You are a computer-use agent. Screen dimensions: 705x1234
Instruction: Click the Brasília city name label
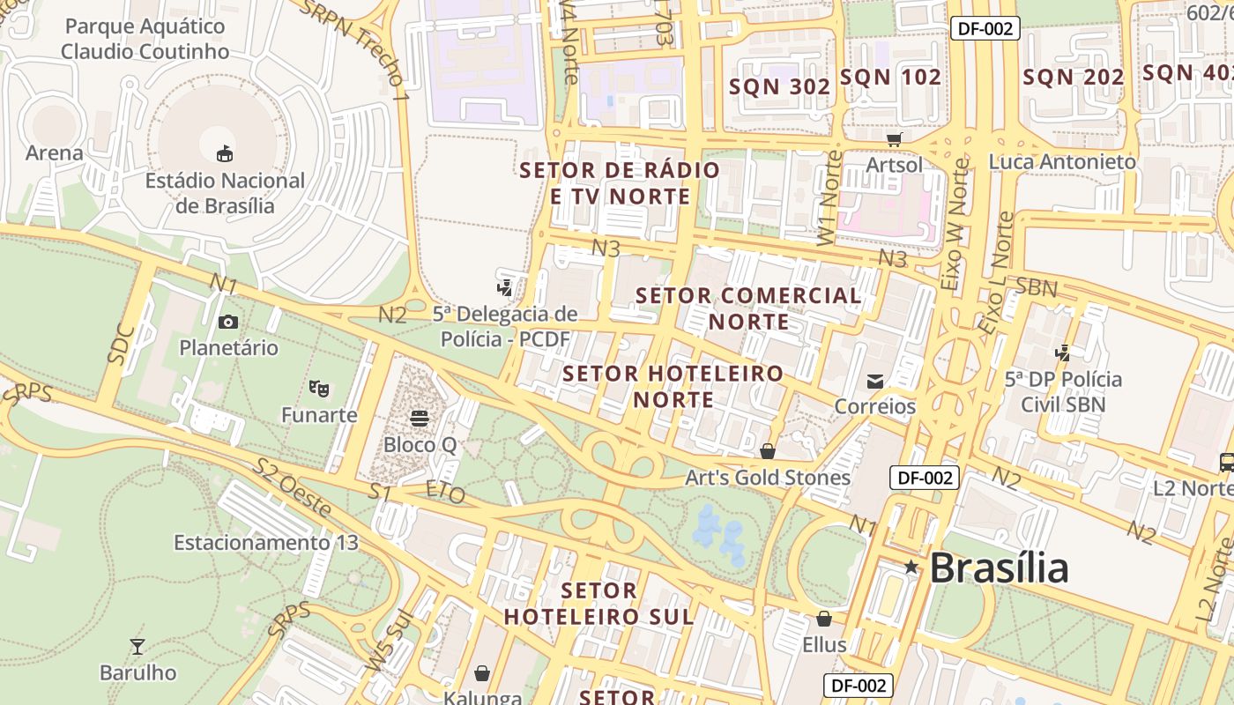click(999, 568)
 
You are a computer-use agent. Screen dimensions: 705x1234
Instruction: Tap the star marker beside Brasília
click(911, 568)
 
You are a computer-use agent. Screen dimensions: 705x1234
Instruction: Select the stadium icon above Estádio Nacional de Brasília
click(225, 153)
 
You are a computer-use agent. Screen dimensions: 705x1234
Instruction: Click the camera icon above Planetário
click(228, 322)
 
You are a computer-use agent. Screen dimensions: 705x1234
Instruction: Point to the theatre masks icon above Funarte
click(319, 388)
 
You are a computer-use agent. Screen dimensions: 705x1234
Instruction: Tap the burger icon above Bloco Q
click(420, 418)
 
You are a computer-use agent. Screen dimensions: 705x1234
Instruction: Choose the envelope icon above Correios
click(875, 381)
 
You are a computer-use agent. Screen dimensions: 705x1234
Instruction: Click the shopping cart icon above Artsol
click(895, 139)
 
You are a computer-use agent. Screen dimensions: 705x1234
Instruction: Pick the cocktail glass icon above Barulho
click(137, 647)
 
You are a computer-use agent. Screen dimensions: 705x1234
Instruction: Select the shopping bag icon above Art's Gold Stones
click(768, 451)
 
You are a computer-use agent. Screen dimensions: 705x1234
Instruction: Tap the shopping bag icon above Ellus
click(824, 619)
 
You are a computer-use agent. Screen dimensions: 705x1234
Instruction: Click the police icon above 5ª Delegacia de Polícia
click(505, 287)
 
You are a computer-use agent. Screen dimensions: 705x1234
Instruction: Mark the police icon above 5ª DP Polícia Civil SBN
click(1063, 353)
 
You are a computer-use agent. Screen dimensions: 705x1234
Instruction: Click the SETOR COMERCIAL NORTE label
click(748, 308)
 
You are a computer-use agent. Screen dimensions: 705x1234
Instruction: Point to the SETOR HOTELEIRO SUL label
click(598, 603)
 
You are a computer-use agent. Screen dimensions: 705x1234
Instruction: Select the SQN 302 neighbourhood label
click(779, 86)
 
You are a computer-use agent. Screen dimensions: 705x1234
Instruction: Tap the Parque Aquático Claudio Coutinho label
click(145, 39)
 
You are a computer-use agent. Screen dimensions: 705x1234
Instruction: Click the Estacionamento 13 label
click(265, 542)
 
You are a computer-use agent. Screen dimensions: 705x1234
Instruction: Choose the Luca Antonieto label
click(1062, 162)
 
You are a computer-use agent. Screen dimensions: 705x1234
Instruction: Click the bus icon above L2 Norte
click(1226, 462)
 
